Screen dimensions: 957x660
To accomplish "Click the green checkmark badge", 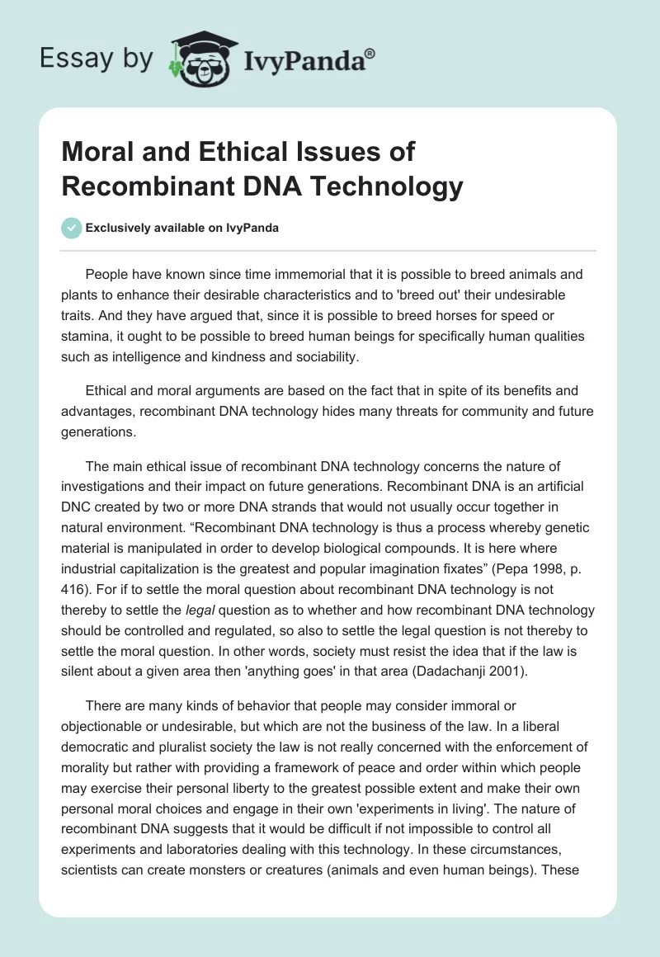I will coord(71,228).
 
